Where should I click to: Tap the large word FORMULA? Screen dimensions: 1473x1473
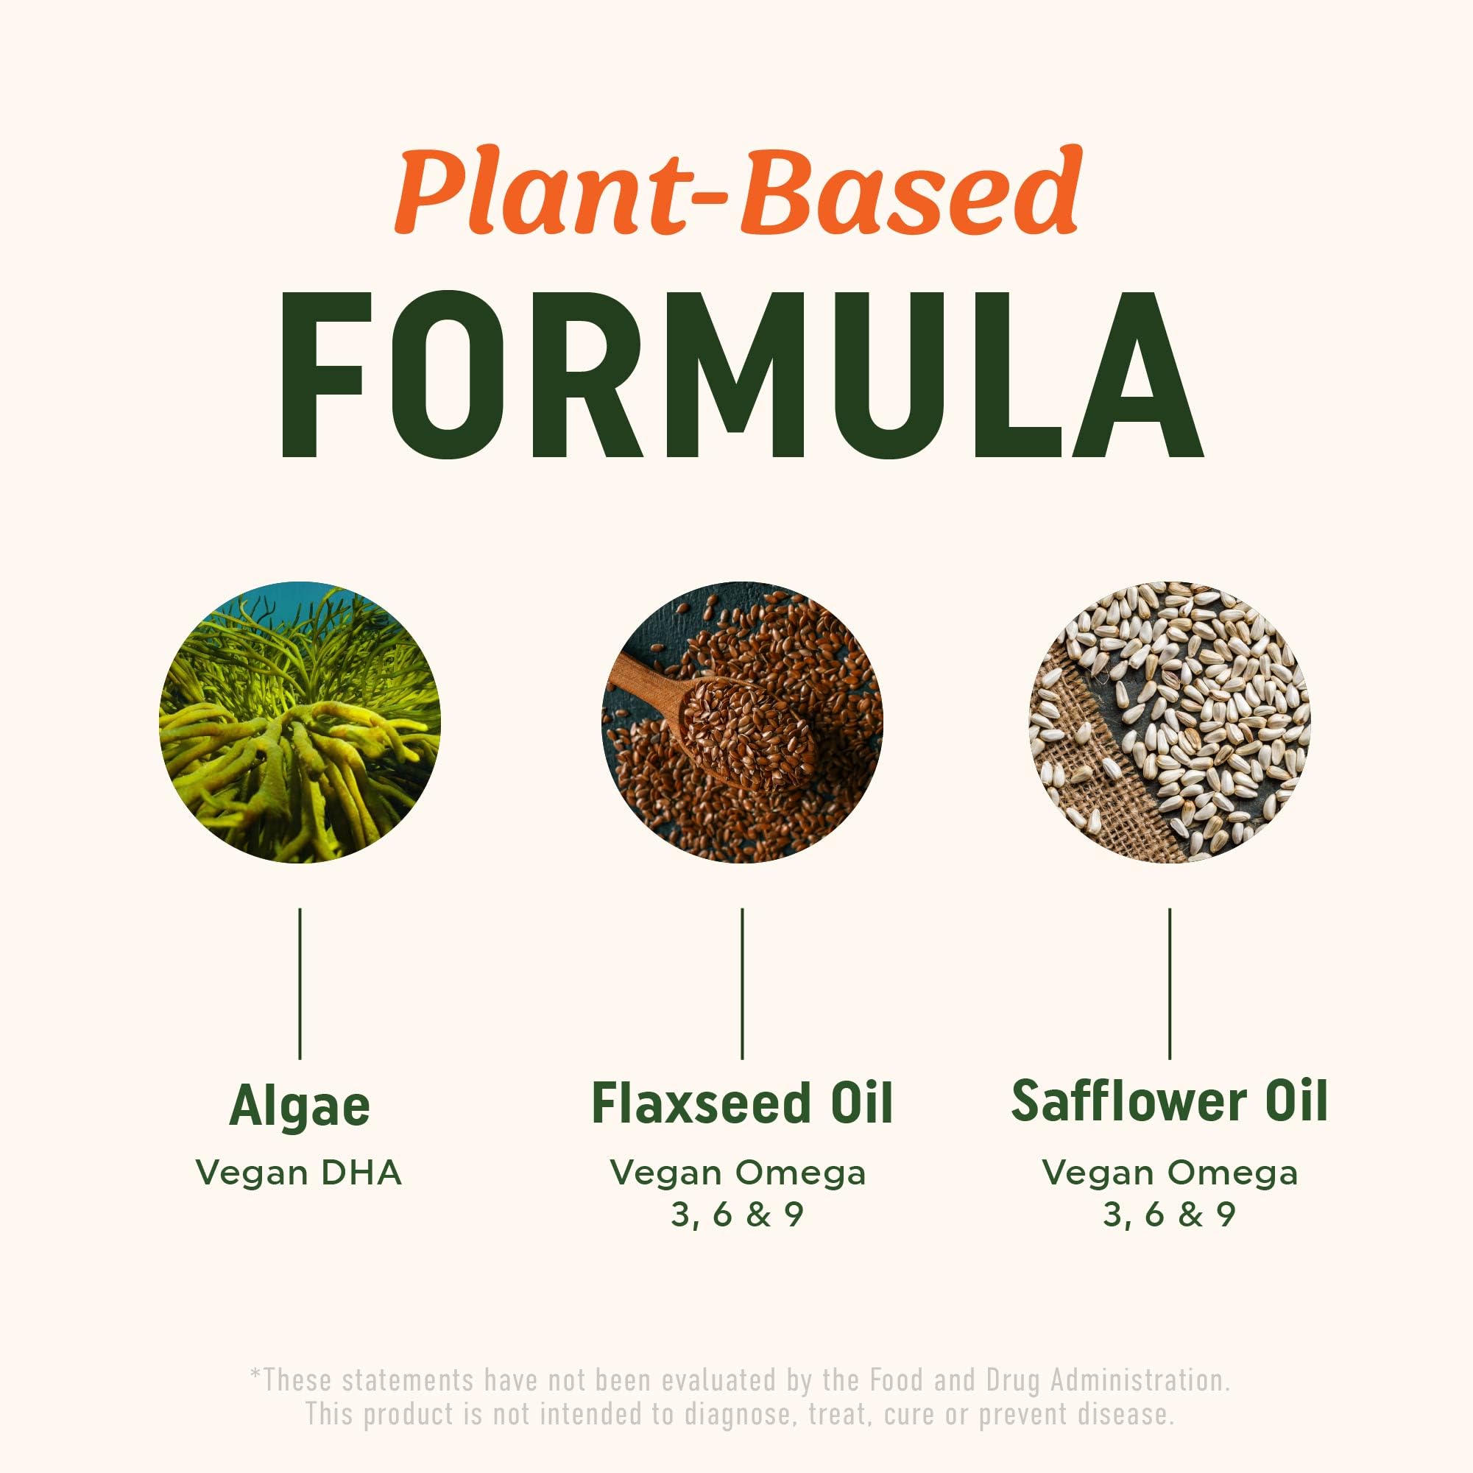pyautogui.click(x=741, y=375)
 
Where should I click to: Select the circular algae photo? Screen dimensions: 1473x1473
pyautogui.click(x=300, y=722)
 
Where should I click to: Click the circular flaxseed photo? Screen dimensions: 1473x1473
pyautogui.click(x=742, y=722)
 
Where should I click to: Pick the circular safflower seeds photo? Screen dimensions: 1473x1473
pyautogui.click(x=1169, y=722)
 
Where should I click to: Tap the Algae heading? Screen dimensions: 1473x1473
pyautogui.click(x=300, y=1106)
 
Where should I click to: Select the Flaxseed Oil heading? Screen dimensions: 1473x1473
pyautogui.click(x=742, y=1103)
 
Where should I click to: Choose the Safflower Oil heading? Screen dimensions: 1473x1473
pyautogui.click(x=1169, y=1101)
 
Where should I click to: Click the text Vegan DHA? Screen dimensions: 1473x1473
pyautogui.click(x=299, y=1173)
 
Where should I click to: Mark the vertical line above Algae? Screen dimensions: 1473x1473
pyautogui.click(x=300, y=983)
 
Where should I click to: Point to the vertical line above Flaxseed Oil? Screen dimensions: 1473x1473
pyautogui.click(x=742, y=983)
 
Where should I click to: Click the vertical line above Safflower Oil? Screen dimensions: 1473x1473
pyautogui.click(x=1170, y=983)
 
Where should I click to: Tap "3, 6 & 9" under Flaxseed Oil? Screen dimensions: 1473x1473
pyautogui.click(x=738, y=1215)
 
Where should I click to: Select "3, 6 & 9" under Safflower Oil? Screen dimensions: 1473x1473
pyautogui.click(x=1169, y=1215)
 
